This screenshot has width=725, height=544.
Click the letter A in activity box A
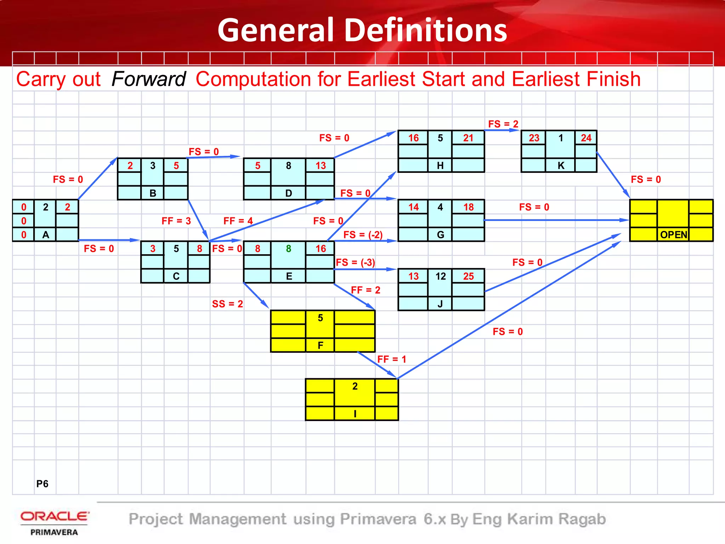(46, 235)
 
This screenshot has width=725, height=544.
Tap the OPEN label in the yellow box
(673, 235)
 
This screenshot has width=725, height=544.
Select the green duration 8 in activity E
(289, 249)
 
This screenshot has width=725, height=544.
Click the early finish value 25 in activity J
(468, 276)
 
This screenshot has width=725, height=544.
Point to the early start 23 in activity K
(534, 138)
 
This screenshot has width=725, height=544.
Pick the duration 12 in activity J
(440, 276)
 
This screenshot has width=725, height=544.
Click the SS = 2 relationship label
(227, 304)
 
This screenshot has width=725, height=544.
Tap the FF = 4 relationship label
(238, 221)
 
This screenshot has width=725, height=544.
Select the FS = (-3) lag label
(355, 262)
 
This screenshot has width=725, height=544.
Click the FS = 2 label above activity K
(503, 124)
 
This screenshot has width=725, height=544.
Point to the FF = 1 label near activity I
(392, 359)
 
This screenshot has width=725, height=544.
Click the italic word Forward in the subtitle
(148, 79)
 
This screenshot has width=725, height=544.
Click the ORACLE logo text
(55, 516)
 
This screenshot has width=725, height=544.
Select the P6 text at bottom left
(42, 484)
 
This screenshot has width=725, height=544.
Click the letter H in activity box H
(440, 165)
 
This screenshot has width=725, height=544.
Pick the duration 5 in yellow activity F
(320, 318)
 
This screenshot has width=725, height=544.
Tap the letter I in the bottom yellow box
(355, 413)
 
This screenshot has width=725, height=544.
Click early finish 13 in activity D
(320, 165)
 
